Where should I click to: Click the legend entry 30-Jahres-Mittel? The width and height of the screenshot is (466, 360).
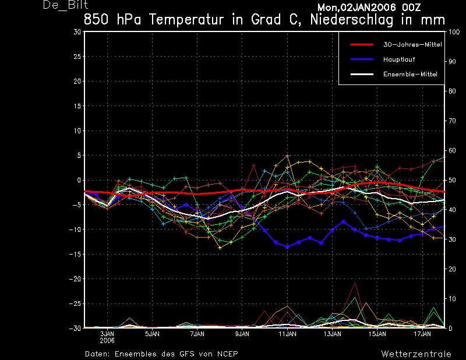(x=412, y=45)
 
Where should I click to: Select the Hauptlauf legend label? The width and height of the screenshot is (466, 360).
(x=399, y=59)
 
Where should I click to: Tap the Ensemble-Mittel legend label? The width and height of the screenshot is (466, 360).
(x=410, y=74)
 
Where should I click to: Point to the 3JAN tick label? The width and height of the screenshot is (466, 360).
(x=107, y=334)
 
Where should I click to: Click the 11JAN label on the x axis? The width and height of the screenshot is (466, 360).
(x=287, y=334)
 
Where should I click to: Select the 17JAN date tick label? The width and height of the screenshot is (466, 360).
(x=422, y=334)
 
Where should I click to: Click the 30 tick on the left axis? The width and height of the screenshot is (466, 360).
(x=77, y=32)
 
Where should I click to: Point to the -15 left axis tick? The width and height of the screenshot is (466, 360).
(x=75, y=254)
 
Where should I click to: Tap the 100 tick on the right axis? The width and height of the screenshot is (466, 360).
(x=454, y=32)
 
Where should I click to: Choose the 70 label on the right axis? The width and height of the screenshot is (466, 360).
(x=452, y=121)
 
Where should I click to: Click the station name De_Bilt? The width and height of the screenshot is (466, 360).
(x=65, y=5)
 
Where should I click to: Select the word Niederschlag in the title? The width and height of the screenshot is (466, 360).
(x=352, y=20)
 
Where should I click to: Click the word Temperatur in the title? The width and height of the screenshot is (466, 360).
(x=186, y=20)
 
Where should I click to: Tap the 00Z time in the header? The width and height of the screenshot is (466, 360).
(x=412, y=7)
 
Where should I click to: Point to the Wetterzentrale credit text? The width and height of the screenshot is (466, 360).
(x=416, y=354)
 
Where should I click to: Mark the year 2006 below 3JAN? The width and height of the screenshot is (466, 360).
(x=107, y=340)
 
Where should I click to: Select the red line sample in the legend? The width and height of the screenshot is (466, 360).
(x=362, y=45)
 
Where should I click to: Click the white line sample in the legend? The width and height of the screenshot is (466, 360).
(x=362, y=74)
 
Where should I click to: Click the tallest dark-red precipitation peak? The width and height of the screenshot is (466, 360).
(x=355, y=283)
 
